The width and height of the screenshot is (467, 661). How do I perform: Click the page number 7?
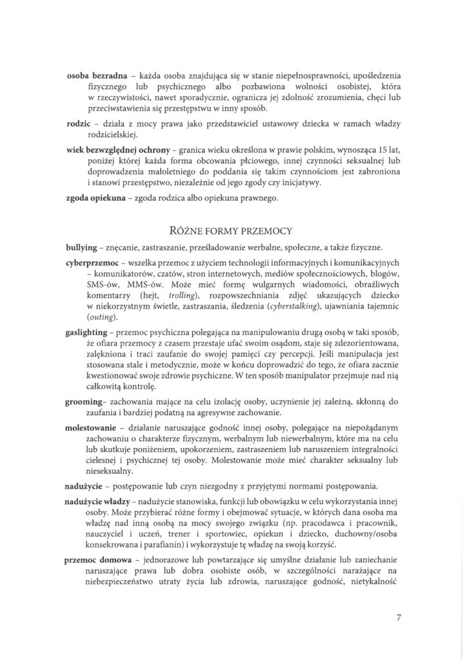click(399, 616)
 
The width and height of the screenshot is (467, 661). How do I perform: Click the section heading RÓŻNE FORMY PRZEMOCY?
click(233, 229)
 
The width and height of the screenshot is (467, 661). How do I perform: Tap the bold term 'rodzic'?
click(80, 123)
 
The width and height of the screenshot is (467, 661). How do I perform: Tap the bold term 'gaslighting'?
click(90, 332)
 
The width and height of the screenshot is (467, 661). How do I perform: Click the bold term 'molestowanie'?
click(96, 427)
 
